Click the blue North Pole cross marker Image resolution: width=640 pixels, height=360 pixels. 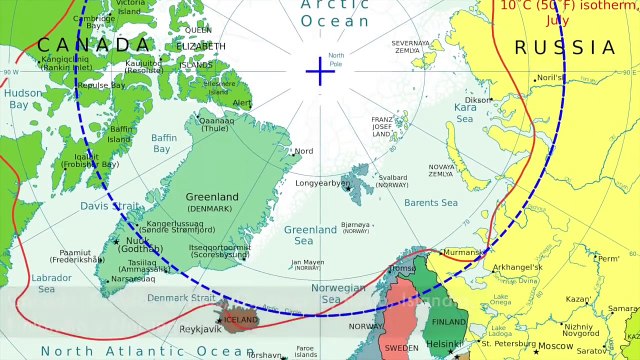point(320,71)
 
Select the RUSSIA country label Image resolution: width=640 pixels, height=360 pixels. point(565,47)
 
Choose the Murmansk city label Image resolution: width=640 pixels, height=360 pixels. point(461,252)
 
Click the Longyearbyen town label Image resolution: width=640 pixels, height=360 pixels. point(321,183)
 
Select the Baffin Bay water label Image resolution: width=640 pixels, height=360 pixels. point(164,143)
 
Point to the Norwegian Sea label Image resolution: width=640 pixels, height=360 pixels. point(339,293)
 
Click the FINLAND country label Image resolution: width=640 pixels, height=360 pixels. point(449,322)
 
